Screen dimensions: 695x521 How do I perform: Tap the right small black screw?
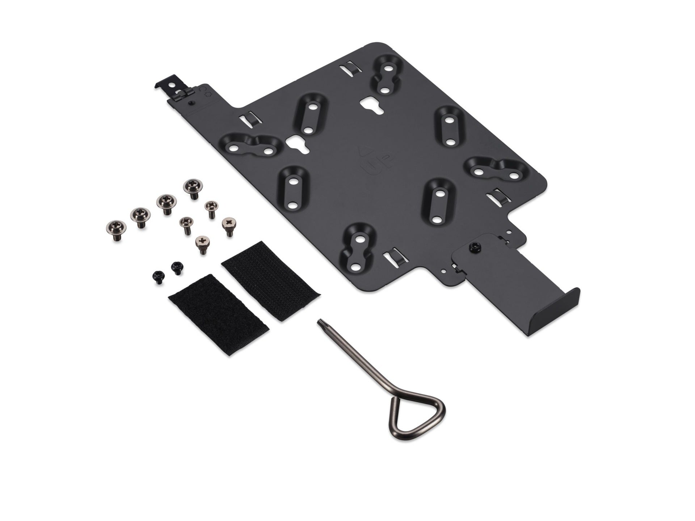tap(177, 268)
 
